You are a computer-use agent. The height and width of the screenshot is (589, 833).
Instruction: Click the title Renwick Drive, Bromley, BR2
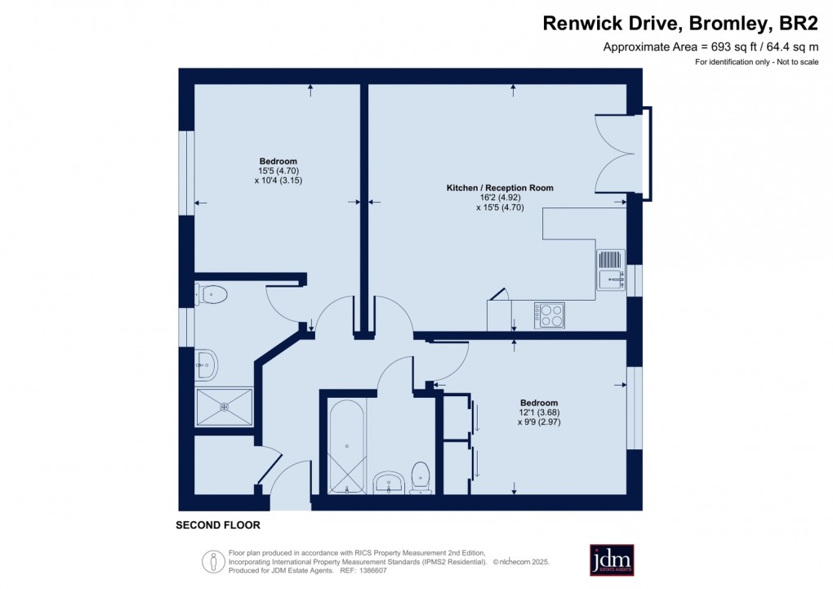tap(680, 24)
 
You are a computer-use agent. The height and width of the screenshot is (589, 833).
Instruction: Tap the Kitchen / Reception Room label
tap(499, 188)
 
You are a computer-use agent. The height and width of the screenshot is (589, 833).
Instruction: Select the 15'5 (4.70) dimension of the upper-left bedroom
tap(278, 171)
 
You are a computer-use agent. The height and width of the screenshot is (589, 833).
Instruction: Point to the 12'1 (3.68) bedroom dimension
tap(539, 413)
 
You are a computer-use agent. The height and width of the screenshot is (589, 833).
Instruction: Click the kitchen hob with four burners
tap(550, 315)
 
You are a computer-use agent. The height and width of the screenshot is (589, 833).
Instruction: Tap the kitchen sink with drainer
tap(611, 270)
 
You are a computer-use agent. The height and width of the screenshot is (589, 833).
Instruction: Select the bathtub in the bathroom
tap(347, 447)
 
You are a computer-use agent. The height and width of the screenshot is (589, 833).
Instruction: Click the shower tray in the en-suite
tap(225, 406)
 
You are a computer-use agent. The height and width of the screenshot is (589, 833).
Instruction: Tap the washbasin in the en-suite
tap(207, 364)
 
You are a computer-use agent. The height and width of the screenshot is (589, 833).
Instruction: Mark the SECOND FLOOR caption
tap(218, 525)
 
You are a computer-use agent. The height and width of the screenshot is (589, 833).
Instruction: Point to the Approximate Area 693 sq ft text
tap(710, 47)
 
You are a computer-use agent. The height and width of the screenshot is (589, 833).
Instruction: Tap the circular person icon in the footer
tap(214, 561)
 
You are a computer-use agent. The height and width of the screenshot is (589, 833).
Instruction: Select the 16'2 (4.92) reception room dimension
tap(499, 198)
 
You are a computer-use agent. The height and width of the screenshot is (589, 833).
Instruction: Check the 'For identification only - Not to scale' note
tap(757, 63)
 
